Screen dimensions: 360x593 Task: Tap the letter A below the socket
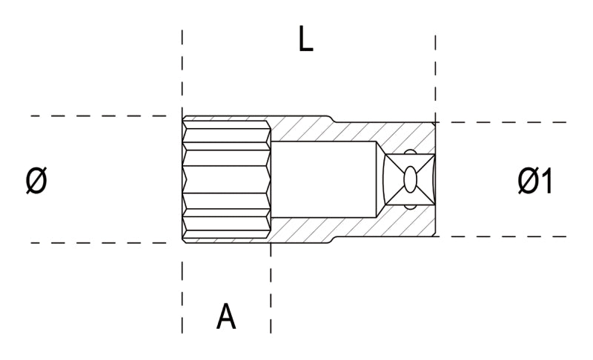click(x=226, y=316)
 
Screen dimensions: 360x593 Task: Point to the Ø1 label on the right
click(x=535, y=181)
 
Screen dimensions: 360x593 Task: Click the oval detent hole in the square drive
click(x=410, y=179)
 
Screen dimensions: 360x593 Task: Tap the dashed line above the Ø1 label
click(x=504, y=122)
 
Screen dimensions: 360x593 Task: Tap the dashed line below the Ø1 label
click(x=504, y=236)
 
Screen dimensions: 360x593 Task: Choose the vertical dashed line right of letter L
click(x=435, y=74)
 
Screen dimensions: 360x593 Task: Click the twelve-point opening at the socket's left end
click(x=226, y=179)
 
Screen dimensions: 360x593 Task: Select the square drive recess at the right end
click(x=409, y=179)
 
